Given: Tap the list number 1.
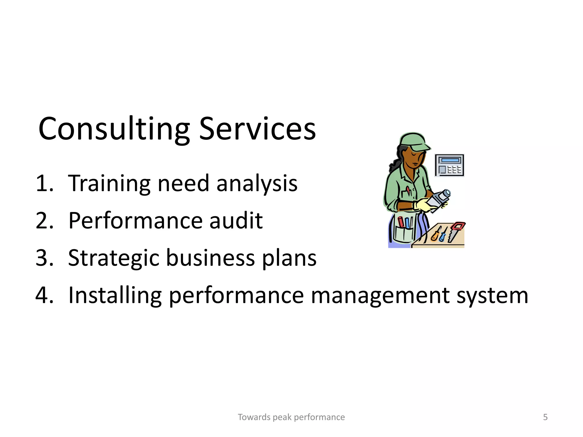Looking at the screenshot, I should pos(45,183).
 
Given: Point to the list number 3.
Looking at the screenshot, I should pos(45,258).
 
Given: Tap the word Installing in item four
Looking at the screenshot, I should pos(115,295).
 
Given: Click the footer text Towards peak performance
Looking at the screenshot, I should pos(291,417).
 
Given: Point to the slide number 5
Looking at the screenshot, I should pos(545,417).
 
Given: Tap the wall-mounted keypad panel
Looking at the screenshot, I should pos(449,165).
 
